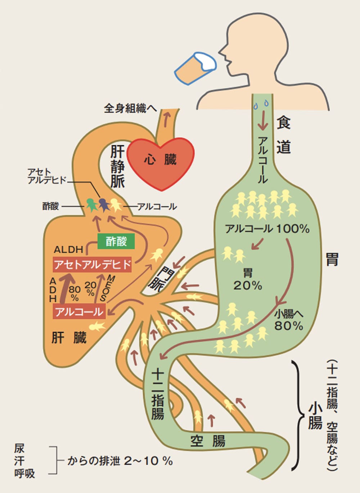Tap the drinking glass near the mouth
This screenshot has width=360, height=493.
(x=194, y=68)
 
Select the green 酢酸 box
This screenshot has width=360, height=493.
(x=116, y=241)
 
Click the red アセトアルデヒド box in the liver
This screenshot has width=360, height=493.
(x=92, y=265)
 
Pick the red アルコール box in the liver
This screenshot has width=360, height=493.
(x=79, y=312)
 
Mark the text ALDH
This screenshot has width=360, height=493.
(x=68, y=249)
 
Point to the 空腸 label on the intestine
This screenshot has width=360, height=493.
(x=208, y=440)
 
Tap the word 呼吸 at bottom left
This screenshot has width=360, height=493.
(x=24, y=473)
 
